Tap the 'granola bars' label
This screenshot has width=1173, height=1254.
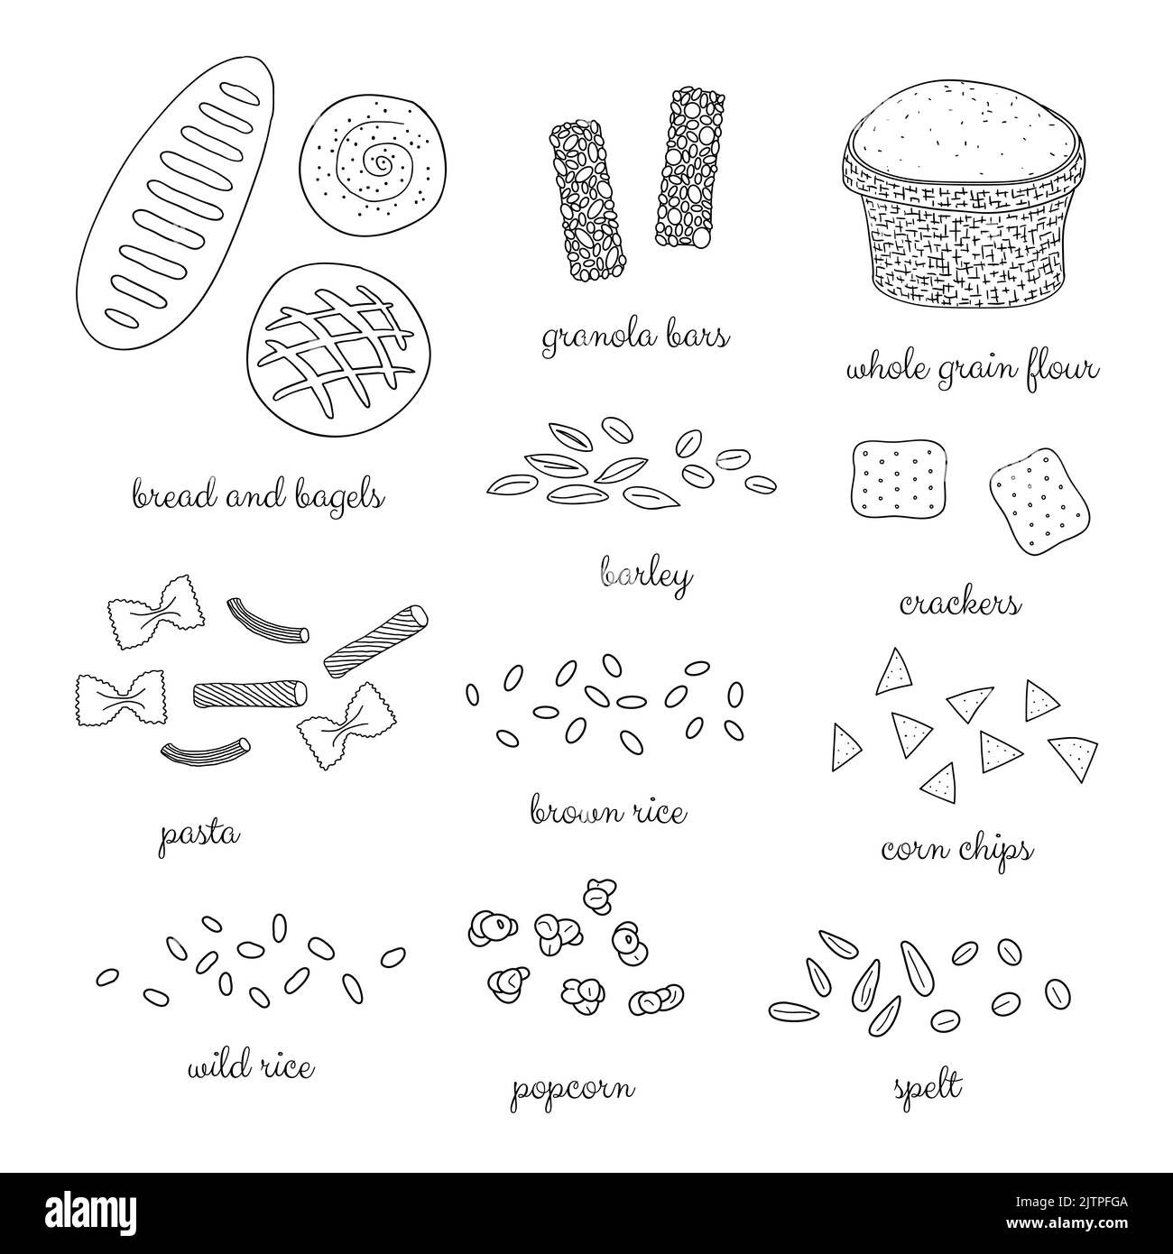click(635, 339)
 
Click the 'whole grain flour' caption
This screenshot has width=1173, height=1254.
click(971, 371)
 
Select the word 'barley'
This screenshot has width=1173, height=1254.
click(646, 575)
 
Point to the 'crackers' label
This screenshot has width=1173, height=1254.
click(960, 604)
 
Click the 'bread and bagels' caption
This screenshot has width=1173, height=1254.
click(258, 496)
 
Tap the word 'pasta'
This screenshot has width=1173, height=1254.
click(199, 834)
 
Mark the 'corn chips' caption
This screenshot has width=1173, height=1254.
click(956, 849)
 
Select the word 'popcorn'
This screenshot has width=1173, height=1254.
click(571, 1091)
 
